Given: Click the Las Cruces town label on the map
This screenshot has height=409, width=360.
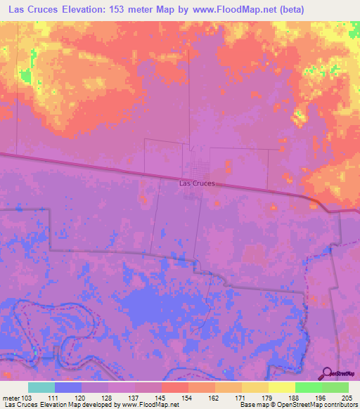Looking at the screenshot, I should [196, 183].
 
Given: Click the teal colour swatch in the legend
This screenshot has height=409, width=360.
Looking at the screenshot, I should [41, 387].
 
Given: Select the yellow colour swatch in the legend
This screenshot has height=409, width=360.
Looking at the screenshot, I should [281, 387].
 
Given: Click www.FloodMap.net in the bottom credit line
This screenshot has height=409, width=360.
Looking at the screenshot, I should [149, 405].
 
